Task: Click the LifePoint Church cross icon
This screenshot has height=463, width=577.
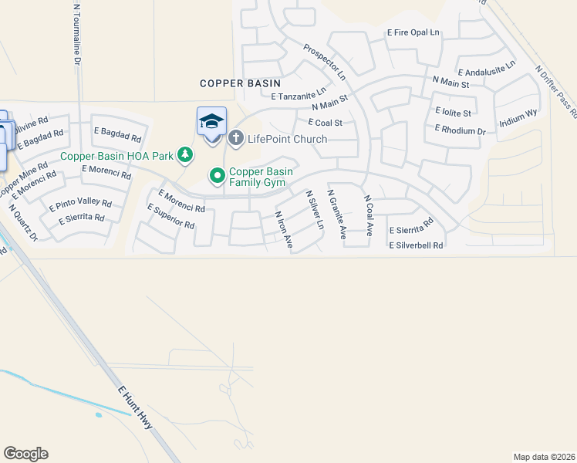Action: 236,139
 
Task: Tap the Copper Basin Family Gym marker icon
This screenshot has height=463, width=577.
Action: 218,177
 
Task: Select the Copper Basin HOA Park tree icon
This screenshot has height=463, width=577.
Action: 185,156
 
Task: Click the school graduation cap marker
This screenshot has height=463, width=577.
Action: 211,121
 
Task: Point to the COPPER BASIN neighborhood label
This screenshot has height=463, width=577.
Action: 240,83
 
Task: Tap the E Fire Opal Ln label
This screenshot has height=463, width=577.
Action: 413,33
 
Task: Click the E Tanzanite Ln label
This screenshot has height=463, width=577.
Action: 299,96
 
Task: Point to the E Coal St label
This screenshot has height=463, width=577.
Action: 325,122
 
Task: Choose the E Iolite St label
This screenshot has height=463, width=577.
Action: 453,112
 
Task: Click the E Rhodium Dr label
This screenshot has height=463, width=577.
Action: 461,130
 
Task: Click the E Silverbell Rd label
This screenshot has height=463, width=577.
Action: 417,245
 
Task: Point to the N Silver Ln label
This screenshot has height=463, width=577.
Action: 315,209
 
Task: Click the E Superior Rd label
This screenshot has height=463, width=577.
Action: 170,217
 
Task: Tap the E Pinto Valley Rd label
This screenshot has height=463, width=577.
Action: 80,205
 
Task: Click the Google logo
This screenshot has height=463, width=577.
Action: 25,454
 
